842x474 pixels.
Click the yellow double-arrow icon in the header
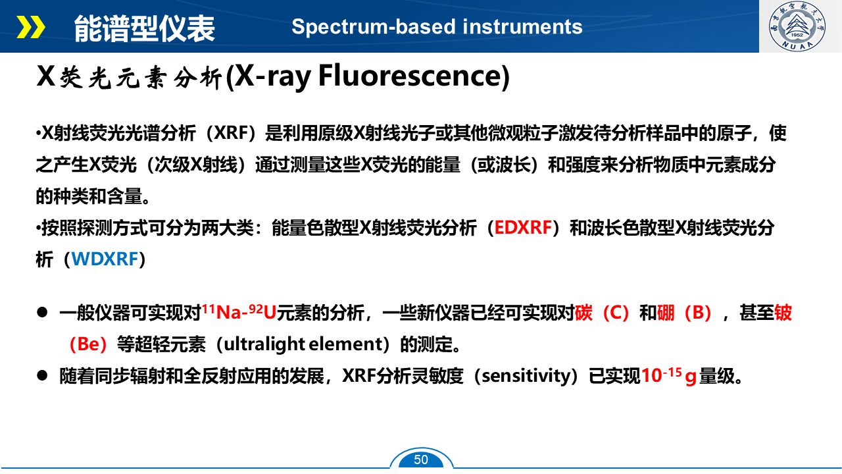31,27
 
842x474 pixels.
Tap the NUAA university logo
797,26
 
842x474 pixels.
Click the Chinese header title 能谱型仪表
144,28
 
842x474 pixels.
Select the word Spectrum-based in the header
374,27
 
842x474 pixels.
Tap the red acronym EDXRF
523,228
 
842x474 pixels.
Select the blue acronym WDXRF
105,259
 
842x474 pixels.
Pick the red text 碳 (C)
602,313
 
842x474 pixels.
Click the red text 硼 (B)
684,313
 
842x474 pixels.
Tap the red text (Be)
89,344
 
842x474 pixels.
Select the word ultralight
264,344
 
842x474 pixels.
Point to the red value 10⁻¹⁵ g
669,376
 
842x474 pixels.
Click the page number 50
421,460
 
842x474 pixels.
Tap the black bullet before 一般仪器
42,312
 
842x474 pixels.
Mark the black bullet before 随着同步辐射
42,375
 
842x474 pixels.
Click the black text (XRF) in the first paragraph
231,133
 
